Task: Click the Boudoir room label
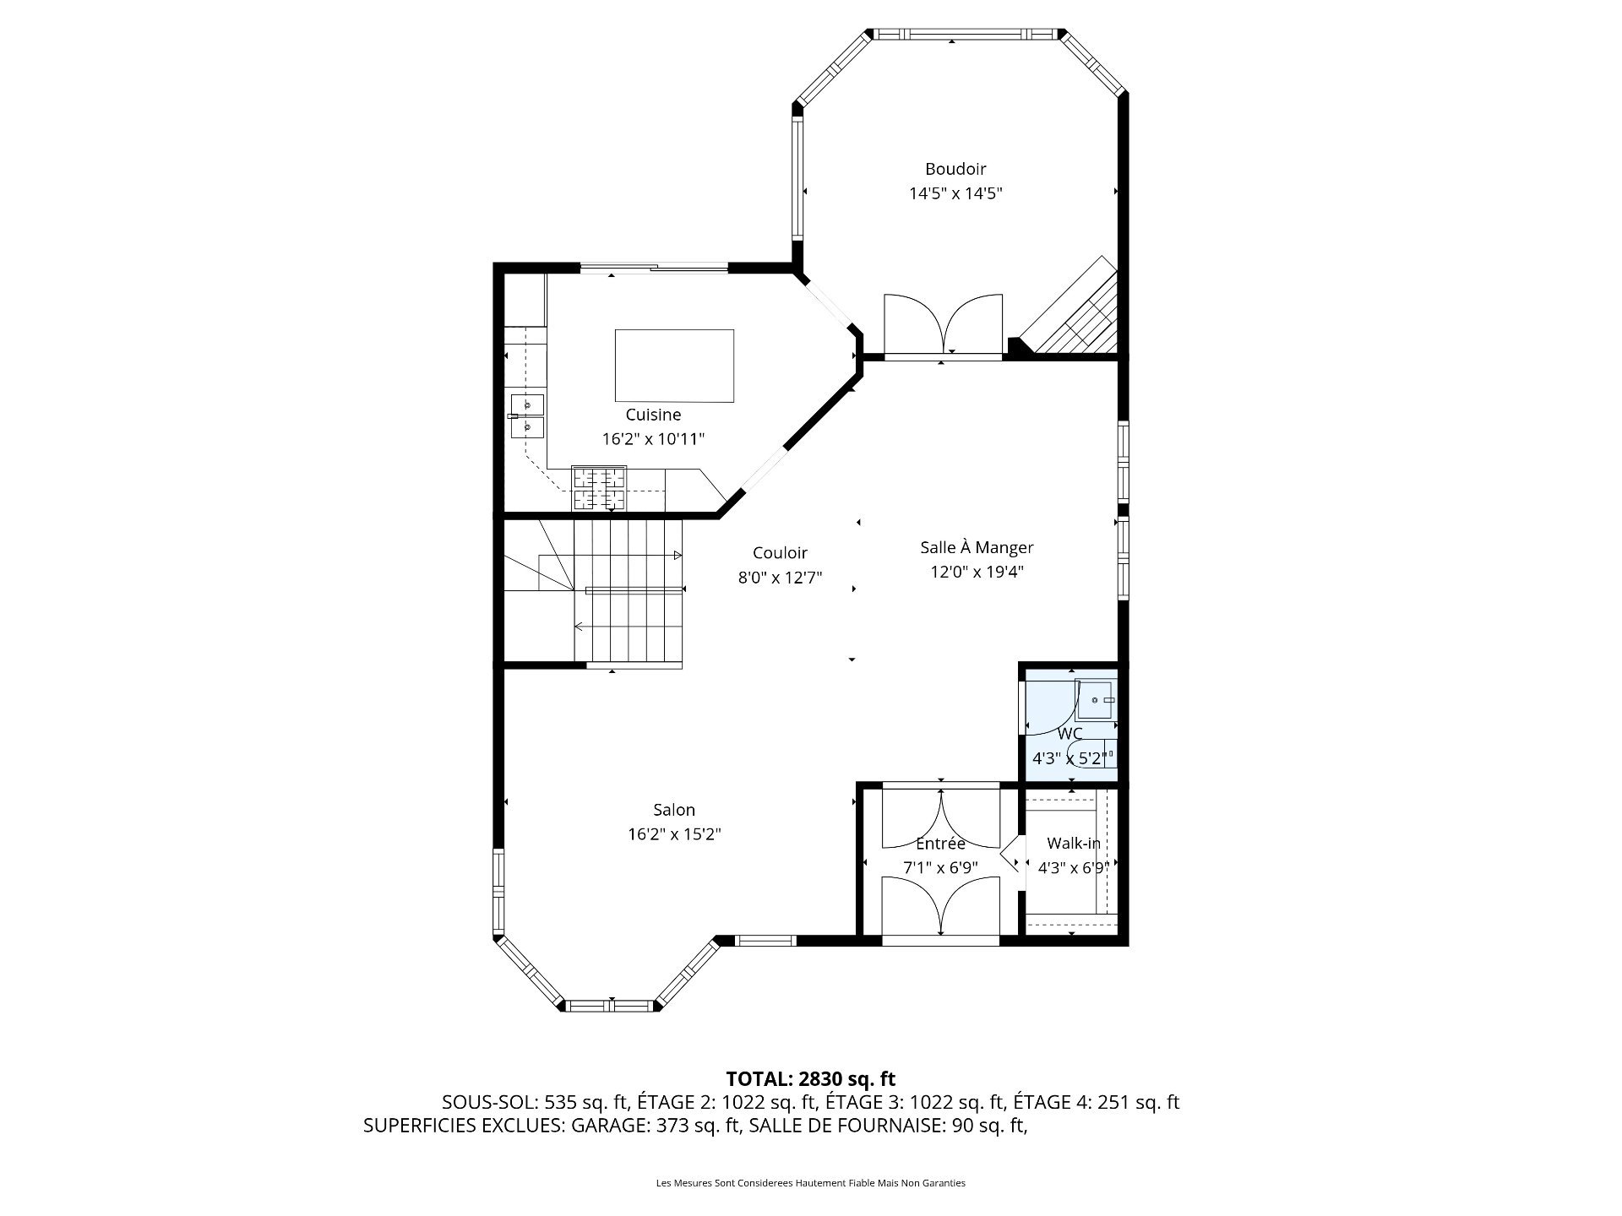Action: tap(955, 169)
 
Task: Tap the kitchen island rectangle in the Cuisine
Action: tap(674, 366)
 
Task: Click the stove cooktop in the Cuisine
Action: tap(599, 488)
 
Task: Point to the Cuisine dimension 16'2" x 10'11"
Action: tap(653, 439)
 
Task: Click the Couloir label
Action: tap(780, 553)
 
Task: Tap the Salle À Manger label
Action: tap(977, 547)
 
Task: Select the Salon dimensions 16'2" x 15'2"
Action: tap(673, 834)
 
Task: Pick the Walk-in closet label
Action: tap(1073, 843)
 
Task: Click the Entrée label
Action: tap(940, 843)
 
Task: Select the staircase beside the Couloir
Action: tap(625, 591)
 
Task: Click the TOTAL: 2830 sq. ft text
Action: tap(810, 1078)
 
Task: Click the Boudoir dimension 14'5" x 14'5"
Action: tap(955, 193)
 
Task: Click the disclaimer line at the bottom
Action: tap(810, 1183)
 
